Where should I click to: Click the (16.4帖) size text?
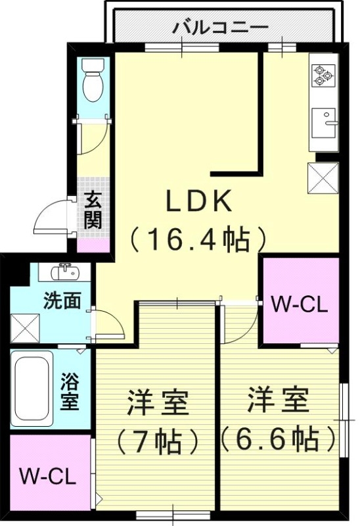coord(198,239)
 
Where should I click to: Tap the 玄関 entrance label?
coord(93,210)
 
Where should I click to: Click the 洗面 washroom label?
coord(62,301)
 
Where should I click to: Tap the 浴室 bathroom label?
coord(70,391)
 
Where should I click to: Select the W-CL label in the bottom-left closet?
coord(47,475)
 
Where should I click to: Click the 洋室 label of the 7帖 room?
coord(158,402)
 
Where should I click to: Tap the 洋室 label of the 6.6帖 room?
coord(279,400)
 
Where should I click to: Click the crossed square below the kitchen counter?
coord(323,177)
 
